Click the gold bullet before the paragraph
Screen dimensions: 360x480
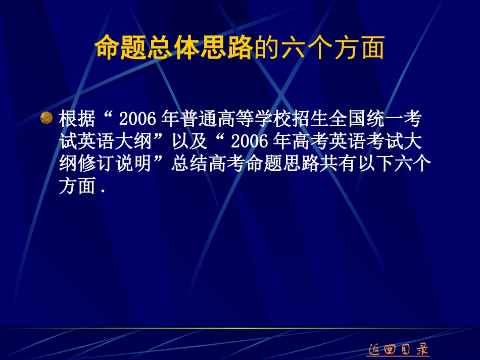(46, 118)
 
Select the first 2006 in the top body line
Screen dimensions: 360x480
(136, 120)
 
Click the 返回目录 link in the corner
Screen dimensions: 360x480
(397, 348)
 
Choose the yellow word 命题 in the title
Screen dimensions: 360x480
(111, 49)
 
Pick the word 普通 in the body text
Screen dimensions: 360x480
(200, 120)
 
